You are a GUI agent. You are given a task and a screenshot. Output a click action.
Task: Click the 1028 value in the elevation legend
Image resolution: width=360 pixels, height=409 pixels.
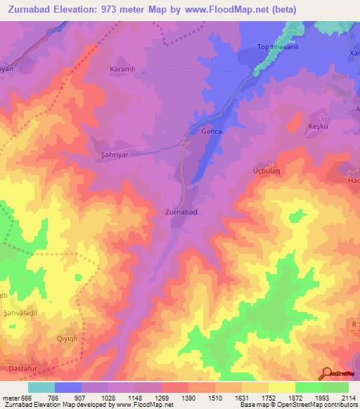coord(108,397)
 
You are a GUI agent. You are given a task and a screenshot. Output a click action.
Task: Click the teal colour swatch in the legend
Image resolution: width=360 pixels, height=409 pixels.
coord(41,387)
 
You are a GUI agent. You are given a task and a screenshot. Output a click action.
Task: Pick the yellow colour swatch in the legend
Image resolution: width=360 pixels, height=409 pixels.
coord(282,387)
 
